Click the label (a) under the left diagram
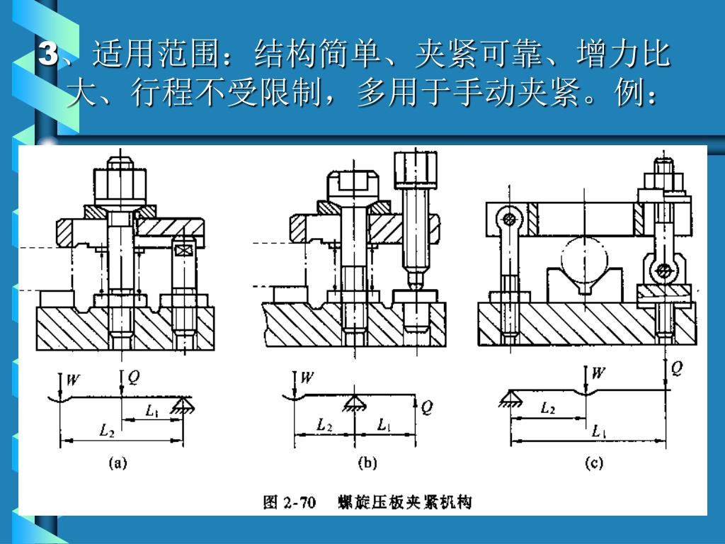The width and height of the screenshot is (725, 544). pyautogui.click(x=118, y=464)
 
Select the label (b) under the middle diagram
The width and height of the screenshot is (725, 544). pyautogui.click(x=367, y=464)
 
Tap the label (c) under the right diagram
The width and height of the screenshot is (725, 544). pyautogui.click(x=593, y=464)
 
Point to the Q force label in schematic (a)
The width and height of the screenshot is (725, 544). pyautogui.click(x=133, y=378)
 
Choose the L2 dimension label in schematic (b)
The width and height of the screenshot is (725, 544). pyautogui.click(x=324, y=425)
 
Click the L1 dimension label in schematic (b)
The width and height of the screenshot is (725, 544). pyautogui.click(x=384, y=425)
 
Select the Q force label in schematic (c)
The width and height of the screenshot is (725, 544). pyautogui.click(x=677, y=368)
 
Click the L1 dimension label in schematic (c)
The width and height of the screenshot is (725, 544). pyautogui.click(x=599, y=430)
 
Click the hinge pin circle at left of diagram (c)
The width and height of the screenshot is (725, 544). pyautogui.click(x=508, y=217)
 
